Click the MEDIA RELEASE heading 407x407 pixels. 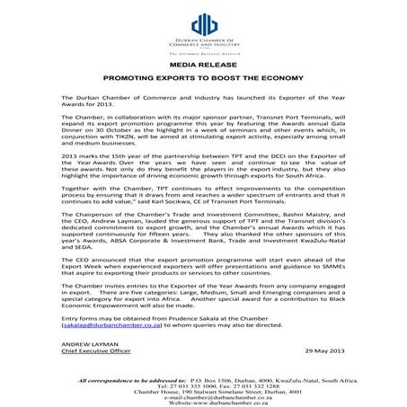point(202,66)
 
